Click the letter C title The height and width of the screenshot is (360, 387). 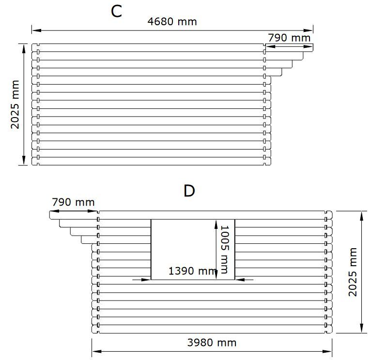tap(117, 11)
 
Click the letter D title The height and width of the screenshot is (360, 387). tap(189, 191)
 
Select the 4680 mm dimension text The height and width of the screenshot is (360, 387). tap(172, 22)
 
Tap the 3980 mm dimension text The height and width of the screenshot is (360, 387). tap(212, 343)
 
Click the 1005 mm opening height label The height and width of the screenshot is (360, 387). tap(224, 250)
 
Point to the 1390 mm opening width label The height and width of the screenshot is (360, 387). tap(192, 271)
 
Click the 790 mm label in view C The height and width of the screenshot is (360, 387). tap(289, 38)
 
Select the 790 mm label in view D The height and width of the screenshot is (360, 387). tap(73, 202)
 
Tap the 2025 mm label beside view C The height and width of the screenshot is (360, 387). tap(15, 105)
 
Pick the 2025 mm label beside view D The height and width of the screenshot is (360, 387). tap(353, 272)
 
